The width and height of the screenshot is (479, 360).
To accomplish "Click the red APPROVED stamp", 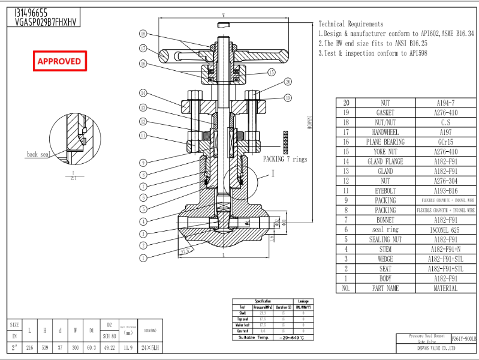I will (59, 61).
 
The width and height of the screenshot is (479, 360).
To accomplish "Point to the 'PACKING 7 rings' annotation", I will (285, 160).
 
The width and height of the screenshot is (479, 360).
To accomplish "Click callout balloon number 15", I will (272, 72).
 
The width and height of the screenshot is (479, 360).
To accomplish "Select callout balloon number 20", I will (288, 82).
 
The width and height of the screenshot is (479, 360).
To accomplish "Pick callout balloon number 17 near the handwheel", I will (143, 48).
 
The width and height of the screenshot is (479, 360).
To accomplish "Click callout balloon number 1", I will (143, 258).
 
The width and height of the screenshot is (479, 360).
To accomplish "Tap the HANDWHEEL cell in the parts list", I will (385, 132).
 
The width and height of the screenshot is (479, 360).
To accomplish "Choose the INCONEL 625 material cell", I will (445, 230).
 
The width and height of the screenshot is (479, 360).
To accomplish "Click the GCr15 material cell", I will (445, 142).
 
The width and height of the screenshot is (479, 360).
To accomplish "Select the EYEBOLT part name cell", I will (385, 191).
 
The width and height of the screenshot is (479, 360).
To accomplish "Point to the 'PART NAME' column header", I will (385, 288).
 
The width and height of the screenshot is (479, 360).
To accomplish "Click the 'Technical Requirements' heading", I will (351, 23).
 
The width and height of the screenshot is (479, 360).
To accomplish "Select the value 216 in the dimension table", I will (30, 347).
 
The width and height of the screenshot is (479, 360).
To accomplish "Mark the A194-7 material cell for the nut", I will (445, 103).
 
